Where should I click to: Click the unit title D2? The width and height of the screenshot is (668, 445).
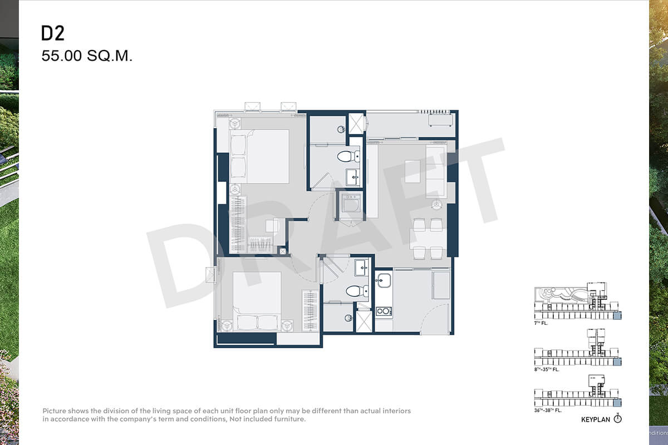(52, 33)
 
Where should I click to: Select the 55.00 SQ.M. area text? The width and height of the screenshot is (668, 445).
(87, 56)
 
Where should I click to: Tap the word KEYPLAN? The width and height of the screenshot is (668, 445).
(596, 419)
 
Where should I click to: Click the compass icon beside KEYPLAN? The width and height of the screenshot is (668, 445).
(617, 419)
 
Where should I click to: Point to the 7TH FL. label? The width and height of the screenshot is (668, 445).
(541, 323)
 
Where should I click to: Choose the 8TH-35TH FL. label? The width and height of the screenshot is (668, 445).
(547, 369)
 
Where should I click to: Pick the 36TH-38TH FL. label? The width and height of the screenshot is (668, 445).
(548, 410)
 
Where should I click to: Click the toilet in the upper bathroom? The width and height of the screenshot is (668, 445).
(348, 156)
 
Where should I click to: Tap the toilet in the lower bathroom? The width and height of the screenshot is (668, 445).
(357, 291)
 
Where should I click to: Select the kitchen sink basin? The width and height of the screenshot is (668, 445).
(383, 280)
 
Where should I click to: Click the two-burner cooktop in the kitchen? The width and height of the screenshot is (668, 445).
(384, 311)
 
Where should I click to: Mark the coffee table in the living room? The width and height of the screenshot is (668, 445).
(412, 171)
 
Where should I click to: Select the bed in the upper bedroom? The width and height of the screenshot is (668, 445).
(259, 156)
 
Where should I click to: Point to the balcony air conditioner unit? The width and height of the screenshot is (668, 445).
(440, 120)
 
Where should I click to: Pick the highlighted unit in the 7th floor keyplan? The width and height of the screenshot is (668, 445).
(617, 315)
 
